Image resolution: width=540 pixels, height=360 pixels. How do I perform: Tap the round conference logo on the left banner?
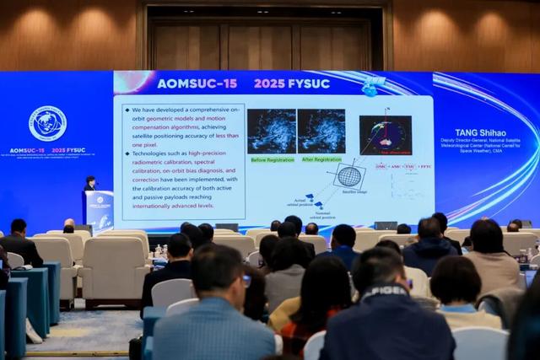47,123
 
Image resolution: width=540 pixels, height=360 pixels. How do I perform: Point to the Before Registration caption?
271,159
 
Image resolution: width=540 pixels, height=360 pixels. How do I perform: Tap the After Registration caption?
321,159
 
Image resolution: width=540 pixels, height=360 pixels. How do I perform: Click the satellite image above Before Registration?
271,131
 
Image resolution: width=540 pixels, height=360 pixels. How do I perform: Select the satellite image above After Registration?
321,131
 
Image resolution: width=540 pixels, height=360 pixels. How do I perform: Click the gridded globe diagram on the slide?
349,176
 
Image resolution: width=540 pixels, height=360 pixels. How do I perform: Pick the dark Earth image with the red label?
386,135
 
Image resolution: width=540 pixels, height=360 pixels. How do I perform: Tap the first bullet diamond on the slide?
126,109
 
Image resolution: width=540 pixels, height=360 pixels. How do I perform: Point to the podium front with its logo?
100,208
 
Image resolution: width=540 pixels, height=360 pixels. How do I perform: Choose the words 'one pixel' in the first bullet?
143,146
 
